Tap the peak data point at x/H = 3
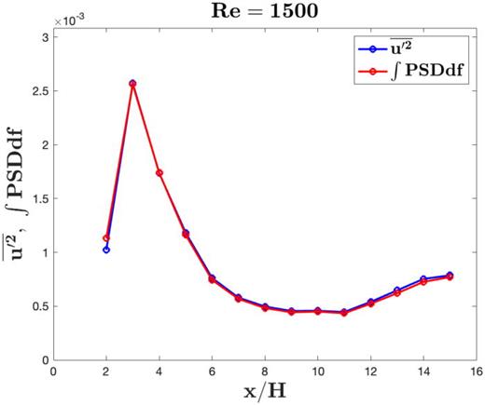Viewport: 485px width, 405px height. pyautogui.click(x=132, y=84)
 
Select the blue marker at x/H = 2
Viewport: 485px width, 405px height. pyautogui.click(x=106, y=250)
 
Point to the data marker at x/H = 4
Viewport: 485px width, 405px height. pyautogui.click(x=159, y=172)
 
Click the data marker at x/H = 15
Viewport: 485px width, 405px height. pyautogui.click(x=450, y=276)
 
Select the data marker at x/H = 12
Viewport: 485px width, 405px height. pyautogui.click(x=371, y=303)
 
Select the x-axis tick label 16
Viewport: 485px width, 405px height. pyautogui.click(x=477, y=371)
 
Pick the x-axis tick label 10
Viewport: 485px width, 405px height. pyautogui.click(x=318, y=371)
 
